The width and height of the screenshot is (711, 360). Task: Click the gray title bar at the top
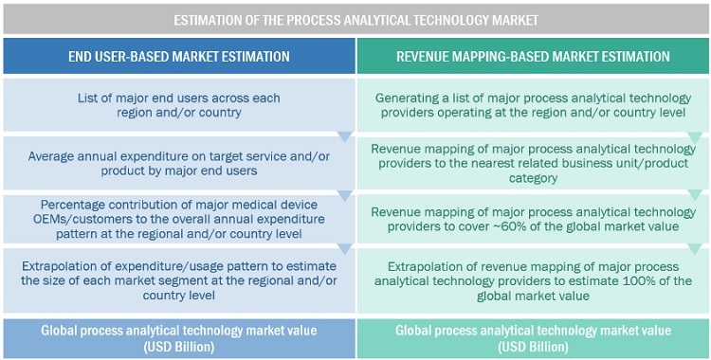[355, 20]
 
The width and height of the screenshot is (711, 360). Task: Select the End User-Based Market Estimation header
[179, 56]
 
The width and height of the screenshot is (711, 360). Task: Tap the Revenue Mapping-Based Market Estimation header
[533, 56]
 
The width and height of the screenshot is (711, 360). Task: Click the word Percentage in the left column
[68, 205]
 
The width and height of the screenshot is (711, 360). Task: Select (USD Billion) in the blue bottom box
[179, 348]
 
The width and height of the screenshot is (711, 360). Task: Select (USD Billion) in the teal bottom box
[533, 348]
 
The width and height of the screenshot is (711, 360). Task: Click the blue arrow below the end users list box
[345, 136]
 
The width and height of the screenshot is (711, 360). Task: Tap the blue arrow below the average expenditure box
[345, 195]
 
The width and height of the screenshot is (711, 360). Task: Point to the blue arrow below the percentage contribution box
[345, 249]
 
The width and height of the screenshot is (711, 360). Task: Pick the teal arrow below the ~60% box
[695, 249]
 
